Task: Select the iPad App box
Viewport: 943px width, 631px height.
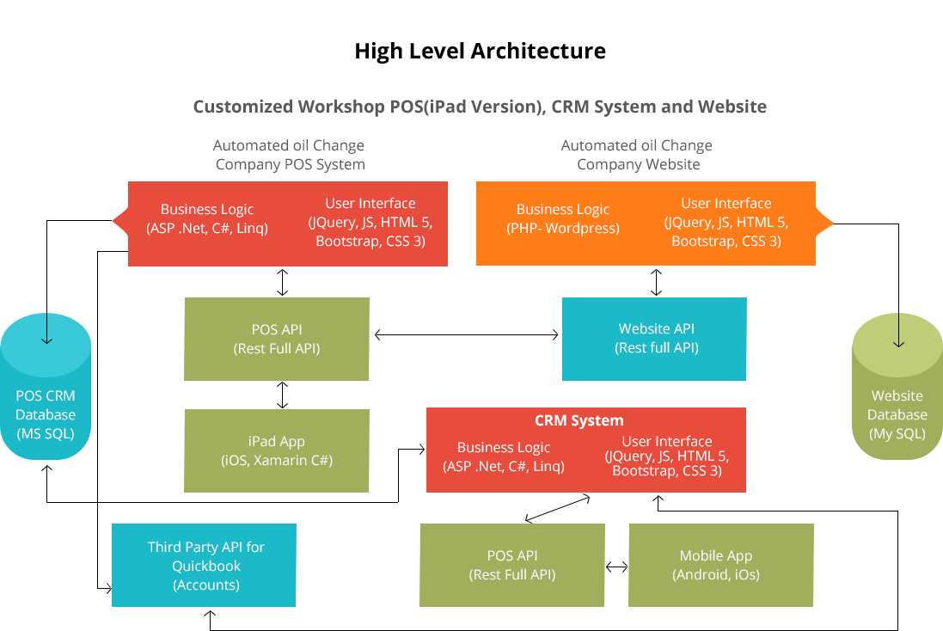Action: (x=277, y=450)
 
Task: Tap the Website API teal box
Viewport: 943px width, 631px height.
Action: (x=654, y=339)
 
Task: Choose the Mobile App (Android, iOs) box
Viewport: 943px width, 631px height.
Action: (x=720, y=565)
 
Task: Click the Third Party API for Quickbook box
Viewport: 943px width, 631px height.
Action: (x=205, y=565)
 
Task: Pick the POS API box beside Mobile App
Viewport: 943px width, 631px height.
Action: (x=511, y=565)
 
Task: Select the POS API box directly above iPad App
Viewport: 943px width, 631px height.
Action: (x=277, y=339)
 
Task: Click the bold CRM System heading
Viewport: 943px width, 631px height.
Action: (x=579, y=420)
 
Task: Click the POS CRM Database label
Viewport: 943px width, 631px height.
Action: (x=46, y=414)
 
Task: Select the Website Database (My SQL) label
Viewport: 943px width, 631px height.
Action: (x=897, y=414)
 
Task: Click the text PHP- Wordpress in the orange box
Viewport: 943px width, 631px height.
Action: (x=563, y=229)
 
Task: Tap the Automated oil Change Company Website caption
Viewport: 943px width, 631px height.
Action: (x=637, y=155)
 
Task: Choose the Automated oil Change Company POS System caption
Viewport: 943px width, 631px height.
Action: (x=289, y=155)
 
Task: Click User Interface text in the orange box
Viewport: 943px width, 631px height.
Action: (x=726, y=204)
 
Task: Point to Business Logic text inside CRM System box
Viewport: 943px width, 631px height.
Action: (x=504, y=447)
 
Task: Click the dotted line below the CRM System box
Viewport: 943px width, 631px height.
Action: (x=554, y=508)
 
